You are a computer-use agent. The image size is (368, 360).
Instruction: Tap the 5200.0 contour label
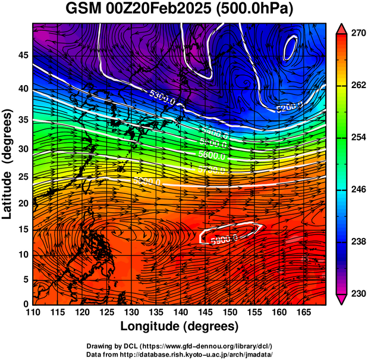click(x=289, y=107)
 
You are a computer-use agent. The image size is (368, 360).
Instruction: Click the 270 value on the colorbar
click(x=355, y=34)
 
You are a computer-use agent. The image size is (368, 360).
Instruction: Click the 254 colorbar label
click(x=355, y=137)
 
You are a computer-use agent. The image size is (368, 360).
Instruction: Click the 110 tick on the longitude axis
click(x=33, y=312)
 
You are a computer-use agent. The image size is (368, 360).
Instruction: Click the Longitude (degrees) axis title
click(x=180, y=326)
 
